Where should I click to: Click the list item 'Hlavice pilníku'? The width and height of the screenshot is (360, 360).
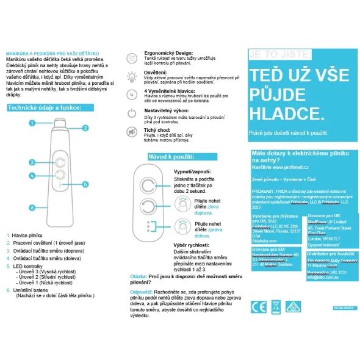31,235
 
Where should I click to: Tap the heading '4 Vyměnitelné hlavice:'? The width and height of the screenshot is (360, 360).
171,90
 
